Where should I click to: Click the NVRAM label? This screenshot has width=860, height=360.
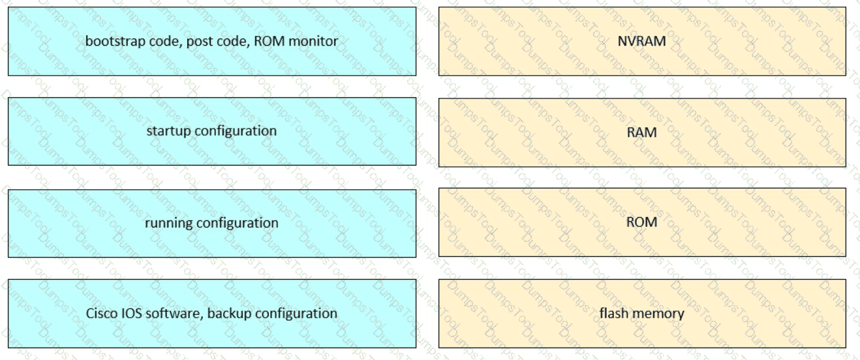(x=641, y=41)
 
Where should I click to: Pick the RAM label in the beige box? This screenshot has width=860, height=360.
(x=641, y=132)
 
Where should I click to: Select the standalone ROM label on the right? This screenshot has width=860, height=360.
(x=641, y=222)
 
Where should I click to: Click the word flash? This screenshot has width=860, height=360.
(x=613, y=314)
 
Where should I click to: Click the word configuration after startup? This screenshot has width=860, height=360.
(x=236, y=131)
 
